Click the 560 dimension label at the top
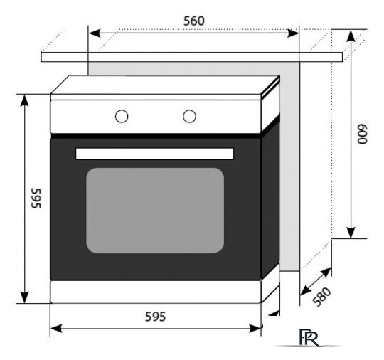193,21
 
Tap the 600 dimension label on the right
362,134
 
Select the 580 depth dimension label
322,297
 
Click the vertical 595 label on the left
36,198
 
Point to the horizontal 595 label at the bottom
155,317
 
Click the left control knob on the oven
122,116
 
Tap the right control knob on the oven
189,116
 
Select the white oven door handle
154,154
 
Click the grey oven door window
155,211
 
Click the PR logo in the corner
309,338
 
